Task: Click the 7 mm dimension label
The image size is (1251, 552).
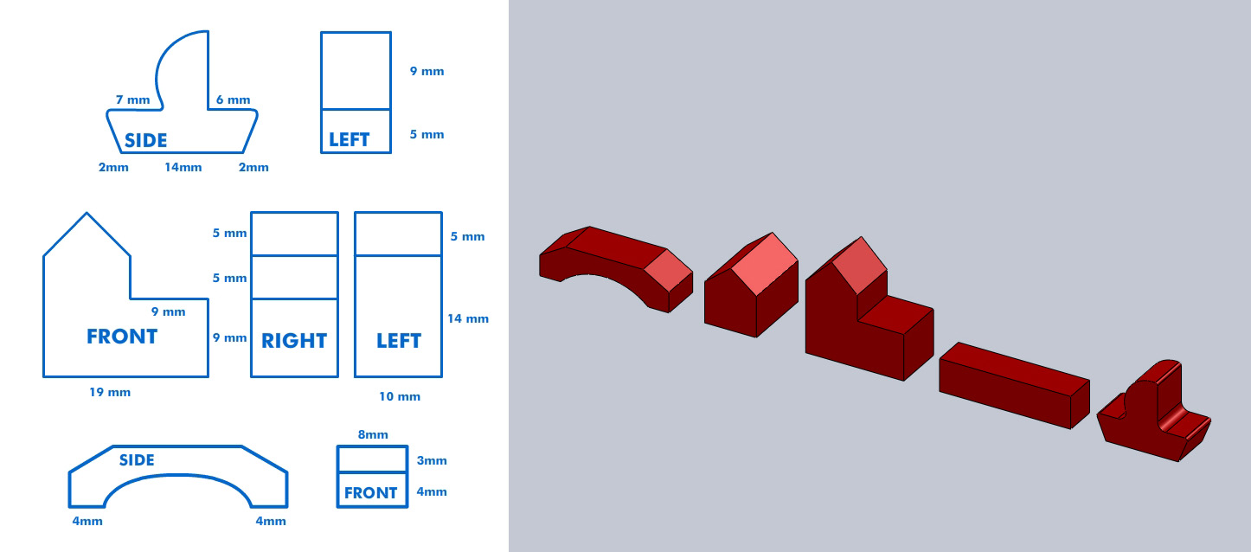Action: pyautogui.click(x=132, y=100)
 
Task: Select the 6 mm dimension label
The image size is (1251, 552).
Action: pyautogui.click(x=233, y=100)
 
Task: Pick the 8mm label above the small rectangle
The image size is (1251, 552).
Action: pyautogui.click(x=372, y=434)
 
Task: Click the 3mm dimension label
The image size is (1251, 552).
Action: pyautogui.click(x=432, y=461)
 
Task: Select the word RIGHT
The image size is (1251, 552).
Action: pyautogui.click(x=294, y=341)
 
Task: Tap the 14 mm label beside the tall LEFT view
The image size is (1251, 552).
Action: pyautogui.click(x=468, y=318)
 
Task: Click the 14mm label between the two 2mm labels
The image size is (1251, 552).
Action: pyautogui.click(x=183, y=167)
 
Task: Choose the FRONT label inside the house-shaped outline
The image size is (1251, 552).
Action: pyautogui.click(x=122, y=337)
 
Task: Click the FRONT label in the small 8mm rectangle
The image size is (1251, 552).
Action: pyautogui.click(x=370, y=493)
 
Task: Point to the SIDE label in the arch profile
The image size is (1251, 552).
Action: pyautogui.click(x=137, y=460)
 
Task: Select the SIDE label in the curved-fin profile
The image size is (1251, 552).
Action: pyautogui.click(x=145, y=140)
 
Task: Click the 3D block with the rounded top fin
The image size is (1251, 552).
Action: pyautogui.click(x=1151, y=415)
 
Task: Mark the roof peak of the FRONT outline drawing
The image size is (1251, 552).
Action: pyautogui.click(x=87, y=213)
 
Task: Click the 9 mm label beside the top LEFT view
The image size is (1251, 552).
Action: pyautogui.click(x=427, y=71)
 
